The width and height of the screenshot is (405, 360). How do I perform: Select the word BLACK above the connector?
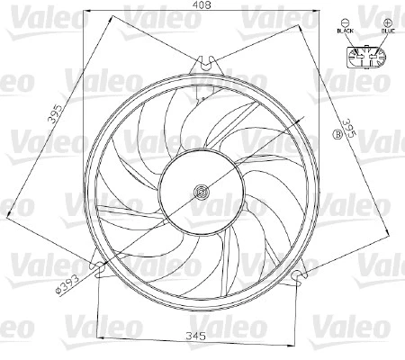tap(346, 31)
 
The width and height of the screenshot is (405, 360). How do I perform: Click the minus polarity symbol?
tap(346, 21)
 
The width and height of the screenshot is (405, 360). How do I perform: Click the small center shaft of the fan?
tap(201, 191)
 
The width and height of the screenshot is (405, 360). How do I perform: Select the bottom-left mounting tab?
tap(106, 268)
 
